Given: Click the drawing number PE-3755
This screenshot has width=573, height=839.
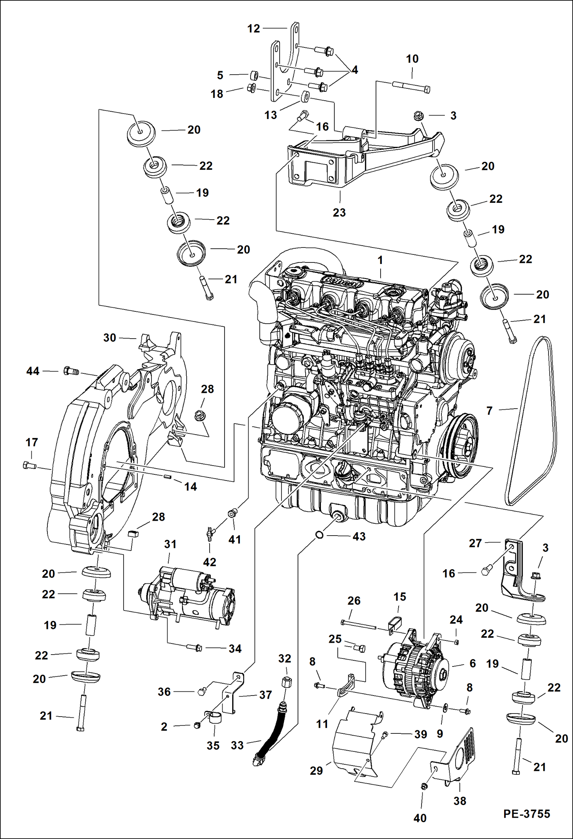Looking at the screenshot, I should click(526, 814).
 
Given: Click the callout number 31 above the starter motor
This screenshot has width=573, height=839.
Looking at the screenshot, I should click(170, 544).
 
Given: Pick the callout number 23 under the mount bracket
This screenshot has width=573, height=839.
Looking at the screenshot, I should click(339, 212).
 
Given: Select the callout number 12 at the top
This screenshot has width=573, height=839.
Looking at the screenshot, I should click(253, 28).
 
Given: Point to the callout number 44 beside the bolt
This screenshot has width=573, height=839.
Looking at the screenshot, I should click(33, 371).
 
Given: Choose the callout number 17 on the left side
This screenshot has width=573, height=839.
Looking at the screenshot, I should click(32, 442).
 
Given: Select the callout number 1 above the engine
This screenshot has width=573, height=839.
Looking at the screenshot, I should click(380, 260).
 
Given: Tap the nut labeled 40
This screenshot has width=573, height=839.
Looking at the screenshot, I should click(423, 786).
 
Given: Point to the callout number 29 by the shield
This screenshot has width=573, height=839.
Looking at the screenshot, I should click(316, 771).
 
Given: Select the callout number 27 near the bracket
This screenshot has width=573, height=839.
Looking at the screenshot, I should click(475, 543).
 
